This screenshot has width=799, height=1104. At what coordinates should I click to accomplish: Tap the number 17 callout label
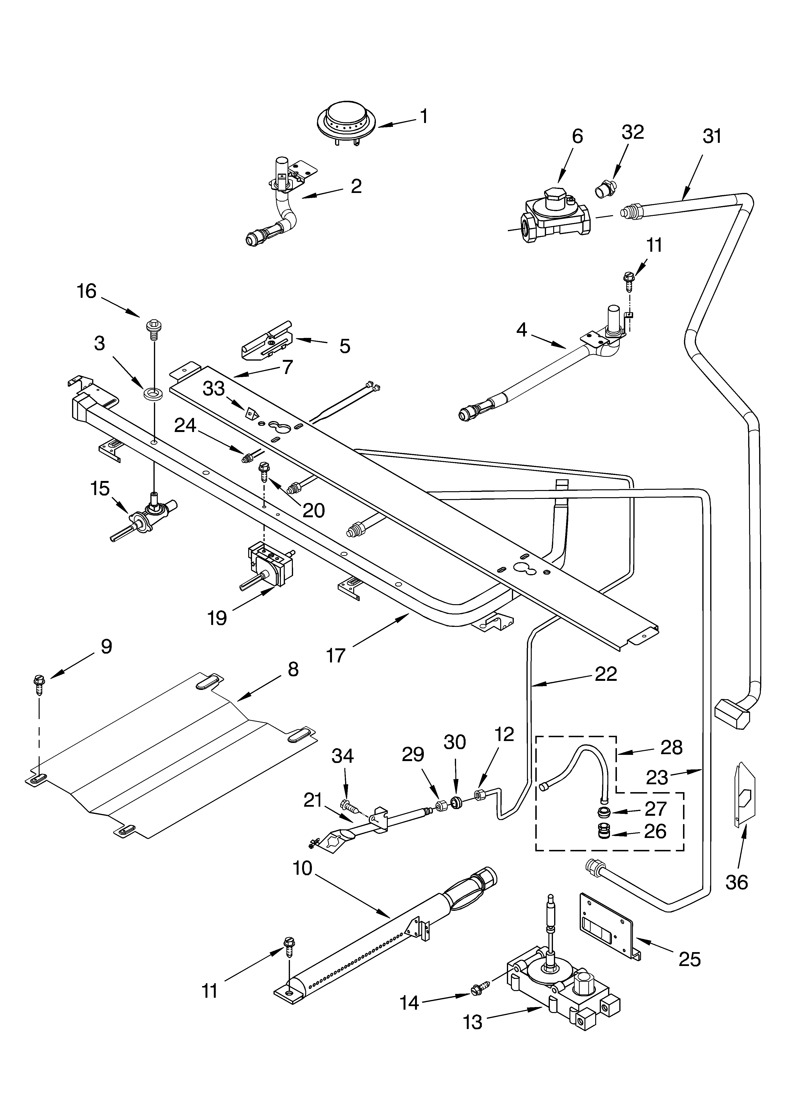pyautogui.click(x=336, y=655)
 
